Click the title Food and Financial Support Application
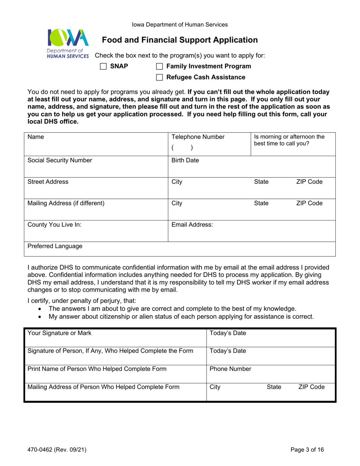pos(180,39)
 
